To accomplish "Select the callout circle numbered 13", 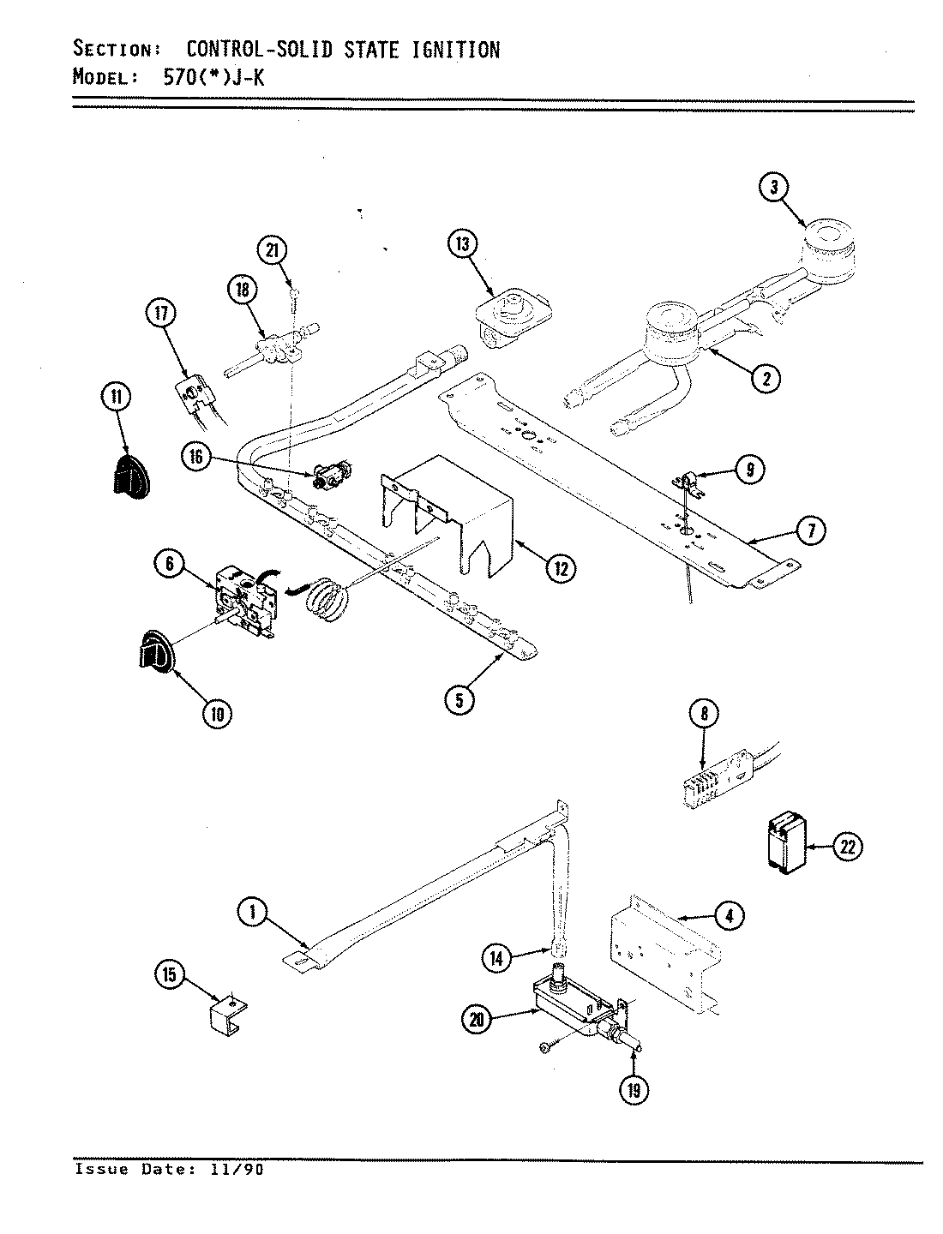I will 461,245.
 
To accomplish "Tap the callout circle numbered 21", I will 272,250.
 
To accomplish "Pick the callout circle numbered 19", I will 635,1089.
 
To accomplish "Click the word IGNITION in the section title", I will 445,50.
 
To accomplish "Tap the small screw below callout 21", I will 294,294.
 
